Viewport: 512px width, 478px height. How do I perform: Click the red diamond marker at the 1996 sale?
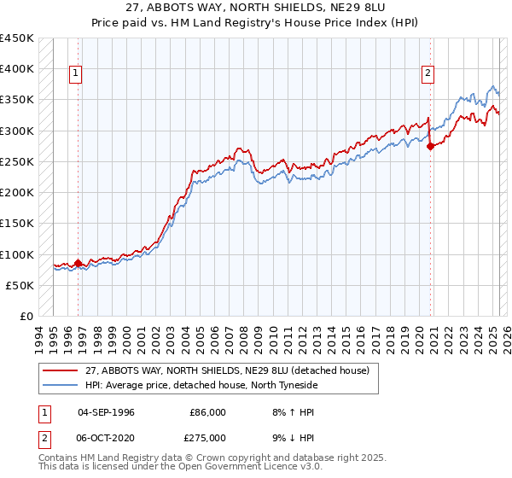click(78, 263)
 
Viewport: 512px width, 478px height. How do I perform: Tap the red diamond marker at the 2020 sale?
click(430, 146)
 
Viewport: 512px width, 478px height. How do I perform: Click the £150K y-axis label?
click(16, 224)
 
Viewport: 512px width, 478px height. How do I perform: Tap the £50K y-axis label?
click(20, 285)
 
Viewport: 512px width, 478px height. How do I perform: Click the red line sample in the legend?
click(61, 371)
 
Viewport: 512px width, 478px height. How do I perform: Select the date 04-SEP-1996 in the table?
click(106, 412)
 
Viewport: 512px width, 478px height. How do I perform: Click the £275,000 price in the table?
click(207, 438)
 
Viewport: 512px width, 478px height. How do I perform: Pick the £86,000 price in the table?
click(207, 412)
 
